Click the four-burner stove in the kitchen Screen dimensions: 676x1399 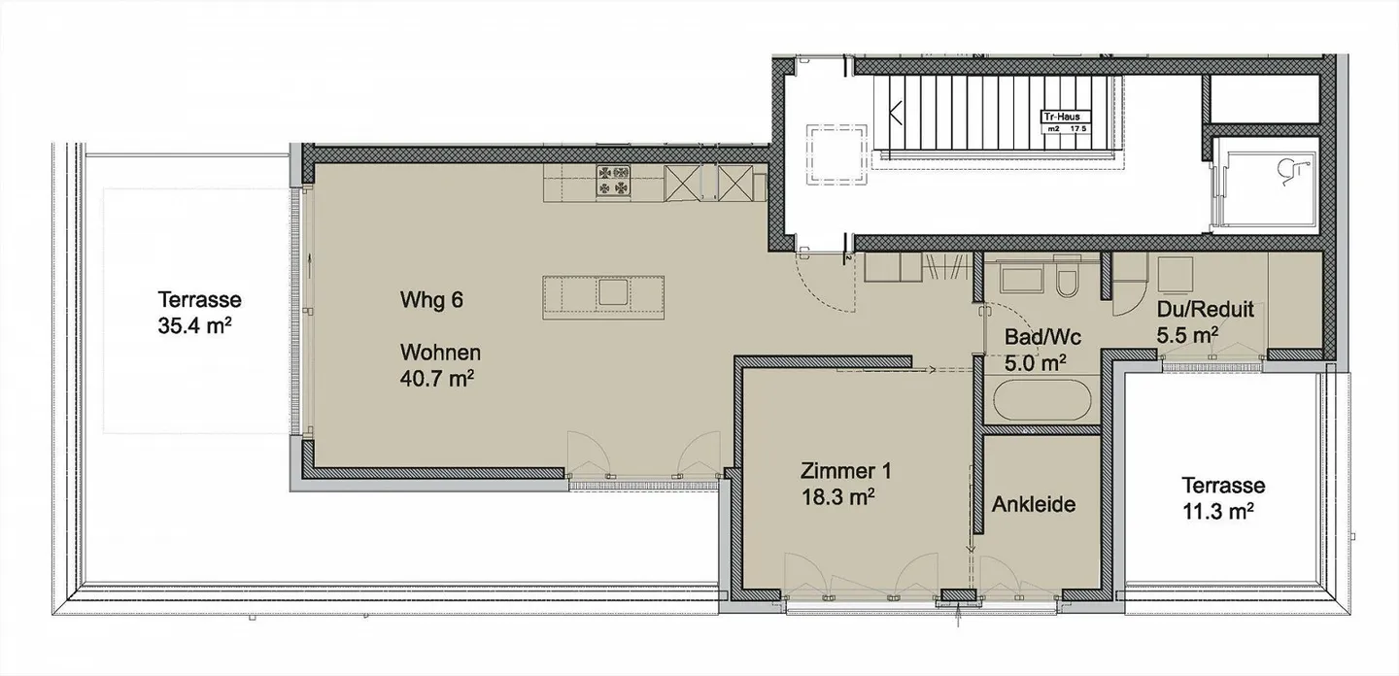(614, 181)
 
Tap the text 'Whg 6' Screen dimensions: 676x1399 (430, 300)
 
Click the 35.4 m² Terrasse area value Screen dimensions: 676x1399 (194, 324)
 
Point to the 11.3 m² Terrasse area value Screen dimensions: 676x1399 (1223, 510)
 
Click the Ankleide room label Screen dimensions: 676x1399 (1033, 505)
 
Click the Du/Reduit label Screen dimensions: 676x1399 (1205, 311)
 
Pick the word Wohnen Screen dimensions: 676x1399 (440, 354)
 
